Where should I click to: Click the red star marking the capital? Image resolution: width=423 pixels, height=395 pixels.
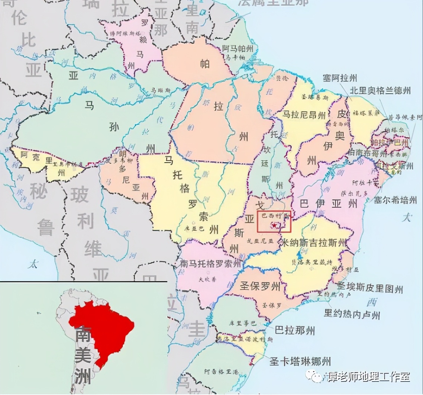pos(274,225)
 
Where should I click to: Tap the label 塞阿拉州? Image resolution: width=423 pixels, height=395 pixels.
pos(339,78)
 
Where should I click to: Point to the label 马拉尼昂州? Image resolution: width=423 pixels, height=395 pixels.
pos(304,115)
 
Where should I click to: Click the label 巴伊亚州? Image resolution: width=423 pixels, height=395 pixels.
pos(328,204)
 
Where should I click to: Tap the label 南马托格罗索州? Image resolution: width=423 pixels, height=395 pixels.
pos(210,264)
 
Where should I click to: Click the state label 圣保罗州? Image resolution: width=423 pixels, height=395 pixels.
pos(260,286)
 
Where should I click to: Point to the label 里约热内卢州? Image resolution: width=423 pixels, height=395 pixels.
pos(352,314)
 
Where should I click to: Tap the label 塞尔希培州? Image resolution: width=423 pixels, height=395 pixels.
pos(395,200)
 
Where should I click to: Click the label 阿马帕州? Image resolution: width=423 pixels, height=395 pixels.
pos(238,49)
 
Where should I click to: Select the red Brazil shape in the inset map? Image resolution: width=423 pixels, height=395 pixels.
pos(102,331)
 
